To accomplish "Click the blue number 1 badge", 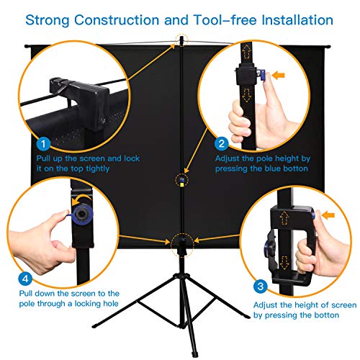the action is point(43,144).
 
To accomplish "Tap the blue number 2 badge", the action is point(221,143).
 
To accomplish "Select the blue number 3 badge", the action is point(261,286).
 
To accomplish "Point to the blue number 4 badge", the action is point(25,279).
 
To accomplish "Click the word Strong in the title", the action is point(48,20).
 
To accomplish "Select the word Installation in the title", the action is point(297,19).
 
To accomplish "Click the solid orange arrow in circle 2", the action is point(279,75).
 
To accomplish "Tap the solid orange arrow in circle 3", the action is point(328,215).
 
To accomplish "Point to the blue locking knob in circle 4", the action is point(81,214).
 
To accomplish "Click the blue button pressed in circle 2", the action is point(261,75).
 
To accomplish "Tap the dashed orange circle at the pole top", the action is point(181,40).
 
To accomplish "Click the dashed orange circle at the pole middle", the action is point(181,180).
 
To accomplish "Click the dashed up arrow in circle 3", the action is point(284,217).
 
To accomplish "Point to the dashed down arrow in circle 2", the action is point(246,95).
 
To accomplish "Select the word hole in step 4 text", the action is point(111,304).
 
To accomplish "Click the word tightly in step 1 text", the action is point(97,168).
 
